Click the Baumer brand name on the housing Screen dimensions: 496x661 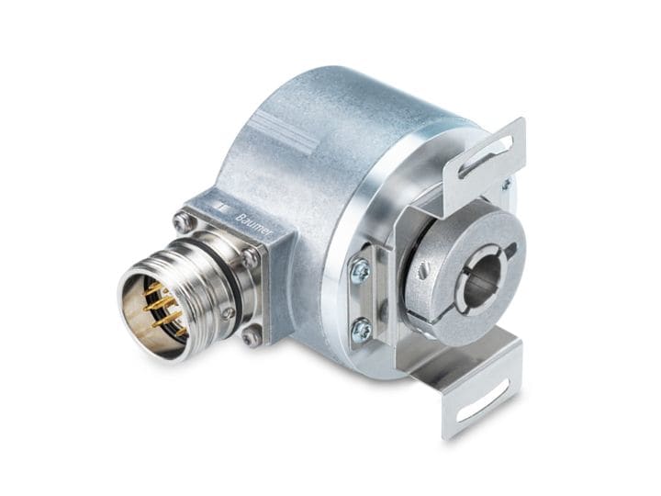click(x=254, y=225)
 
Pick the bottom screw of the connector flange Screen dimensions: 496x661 click(x=251, y=336)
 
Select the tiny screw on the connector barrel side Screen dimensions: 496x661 click(x=227, y=313)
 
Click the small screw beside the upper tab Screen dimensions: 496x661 click(x=506, y=184)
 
